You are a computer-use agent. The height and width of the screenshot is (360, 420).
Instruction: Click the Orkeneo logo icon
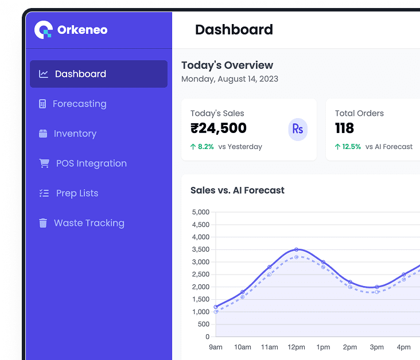point(43,30)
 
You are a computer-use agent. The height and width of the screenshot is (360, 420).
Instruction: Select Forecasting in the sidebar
point(79,104)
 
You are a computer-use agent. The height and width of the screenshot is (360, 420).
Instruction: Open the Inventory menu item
point(75,134)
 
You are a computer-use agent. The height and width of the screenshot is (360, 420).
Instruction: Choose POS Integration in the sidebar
point(91,163)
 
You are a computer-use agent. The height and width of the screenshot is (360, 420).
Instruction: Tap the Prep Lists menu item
point(77,193)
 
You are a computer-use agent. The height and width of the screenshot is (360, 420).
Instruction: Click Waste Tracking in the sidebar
point(89,223)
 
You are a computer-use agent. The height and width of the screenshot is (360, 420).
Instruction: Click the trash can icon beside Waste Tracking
point(43,223)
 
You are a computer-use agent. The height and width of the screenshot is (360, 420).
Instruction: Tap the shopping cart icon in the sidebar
point(44,163)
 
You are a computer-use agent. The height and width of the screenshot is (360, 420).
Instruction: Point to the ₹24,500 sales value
point(219,128)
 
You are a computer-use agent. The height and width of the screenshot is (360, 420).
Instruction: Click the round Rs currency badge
point(298,129)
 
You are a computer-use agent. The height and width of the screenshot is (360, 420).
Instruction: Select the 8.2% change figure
point(205,147)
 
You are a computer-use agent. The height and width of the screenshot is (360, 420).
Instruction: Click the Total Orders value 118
point(344,128)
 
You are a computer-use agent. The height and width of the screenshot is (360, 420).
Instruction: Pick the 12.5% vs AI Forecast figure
point(351,147)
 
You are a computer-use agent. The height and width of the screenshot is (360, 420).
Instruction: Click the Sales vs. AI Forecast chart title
point(238,190)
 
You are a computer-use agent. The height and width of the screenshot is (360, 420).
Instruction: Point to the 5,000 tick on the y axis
point(200,212)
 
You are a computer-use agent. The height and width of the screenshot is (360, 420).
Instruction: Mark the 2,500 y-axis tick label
point(200,275)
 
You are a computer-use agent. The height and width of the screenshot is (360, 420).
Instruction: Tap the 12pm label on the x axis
point(296,347)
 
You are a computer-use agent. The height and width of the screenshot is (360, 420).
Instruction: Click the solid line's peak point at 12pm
point(296,249)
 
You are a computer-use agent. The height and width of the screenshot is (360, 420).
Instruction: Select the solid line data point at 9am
point(216,307)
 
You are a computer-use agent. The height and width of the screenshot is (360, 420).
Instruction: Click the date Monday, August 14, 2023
point(230,79)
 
